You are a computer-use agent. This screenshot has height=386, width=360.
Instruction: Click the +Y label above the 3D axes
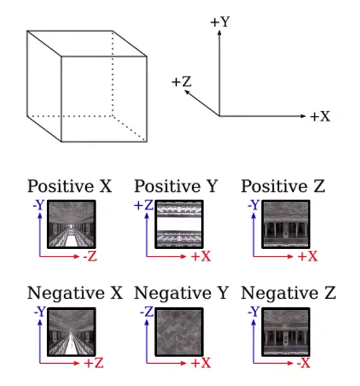click(x=220, y=22)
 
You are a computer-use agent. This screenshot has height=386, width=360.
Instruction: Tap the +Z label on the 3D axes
click(x=181, y=82)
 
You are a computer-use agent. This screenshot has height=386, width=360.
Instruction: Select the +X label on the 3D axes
click(x=320, y=116)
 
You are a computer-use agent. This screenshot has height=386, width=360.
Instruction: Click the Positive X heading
click(x=70, y=186)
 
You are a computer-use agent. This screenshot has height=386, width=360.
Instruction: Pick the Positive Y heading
click(x=176, y=186)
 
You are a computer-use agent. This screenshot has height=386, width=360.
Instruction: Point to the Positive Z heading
click(x=283, y=186)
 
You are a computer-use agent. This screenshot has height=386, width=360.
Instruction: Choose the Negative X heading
click(x=75, y=293)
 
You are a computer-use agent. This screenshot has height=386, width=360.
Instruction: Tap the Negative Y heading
click(x=181, y=293)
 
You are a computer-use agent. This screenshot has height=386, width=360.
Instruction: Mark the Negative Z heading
click(x=288, y=293)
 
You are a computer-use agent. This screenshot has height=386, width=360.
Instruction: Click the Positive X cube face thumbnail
click(x=72, y=224)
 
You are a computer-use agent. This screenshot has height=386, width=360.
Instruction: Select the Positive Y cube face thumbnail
click(x=179, y=224)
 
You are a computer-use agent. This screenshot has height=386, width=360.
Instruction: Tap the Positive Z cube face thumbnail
click(x=286, y=224)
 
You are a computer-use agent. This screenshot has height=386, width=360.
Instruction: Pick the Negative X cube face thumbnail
click(x=72, y=332)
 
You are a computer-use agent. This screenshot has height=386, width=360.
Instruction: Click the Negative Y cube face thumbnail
click(x=179, y=332)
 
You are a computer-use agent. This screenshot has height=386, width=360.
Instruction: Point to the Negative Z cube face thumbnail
click(x=286, y=332)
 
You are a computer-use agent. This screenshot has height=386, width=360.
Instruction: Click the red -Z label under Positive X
click(x=90, y=256)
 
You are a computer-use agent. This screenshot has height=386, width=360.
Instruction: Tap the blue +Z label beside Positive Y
click(x=144, y=205)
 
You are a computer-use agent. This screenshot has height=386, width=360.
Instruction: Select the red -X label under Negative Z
click(x=303, y=363)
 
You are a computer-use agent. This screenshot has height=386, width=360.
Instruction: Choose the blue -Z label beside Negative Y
click(x=147, y=312)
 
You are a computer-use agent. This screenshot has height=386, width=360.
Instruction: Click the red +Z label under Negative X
click(x=94, y=363)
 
